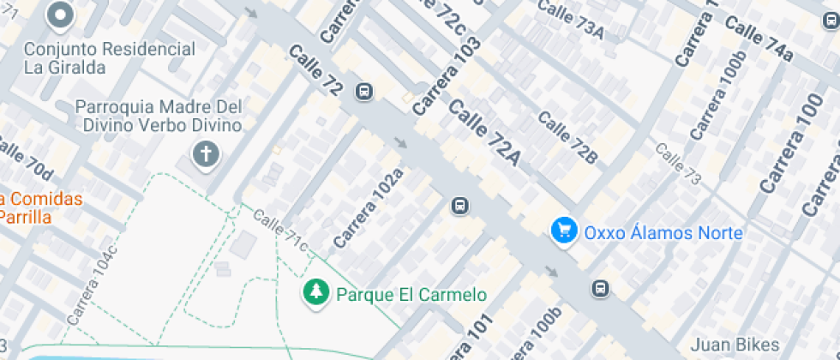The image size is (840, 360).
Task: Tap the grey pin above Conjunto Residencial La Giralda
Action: pyautogui.click(x=61, y=15)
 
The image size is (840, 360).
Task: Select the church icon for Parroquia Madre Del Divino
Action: pyautogui.click(x=206, y=155)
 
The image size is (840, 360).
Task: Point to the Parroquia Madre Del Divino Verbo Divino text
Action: pyautogui.click(x=159, y=117)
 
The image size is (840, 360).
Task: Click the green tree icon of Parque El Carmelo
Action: pyautogui.click(x=316, y=293)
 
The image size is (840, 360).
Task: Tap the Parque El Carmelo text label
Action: pyautogui.click(x=411, y=295)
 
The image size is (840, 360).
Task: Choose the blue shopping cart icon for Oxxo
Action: pyautogui.click(x=563, y=231)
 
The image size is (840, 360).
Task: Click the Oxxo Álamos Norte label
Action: pyautogui.click(x=663, y=232)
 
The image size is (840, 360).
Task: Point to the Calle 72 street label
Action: pyautogui.click(x=315, y=70)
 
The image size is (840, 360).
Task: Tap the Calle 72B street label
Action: pyautogui.click(x=567, y=137)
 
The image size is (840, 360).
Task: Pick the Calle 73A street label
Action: pyautogui.click(x=571, y=21)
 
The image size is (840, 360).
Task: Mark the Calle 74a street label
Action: pyautogui.click(x=759, y=39)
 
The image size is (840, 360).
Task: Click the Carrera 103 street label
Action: pyautogui.click(x=447, y=76)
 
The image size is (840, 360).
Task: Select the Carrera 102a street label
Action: pyautogui.click(x=368, y=208)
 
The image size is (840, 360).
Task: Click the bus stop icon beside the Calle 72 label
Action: pyautogui.click(x=364, y=92)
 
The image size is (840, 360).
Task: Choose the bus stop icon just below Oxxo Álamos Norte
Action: pyautogui.click(x=601, y=288)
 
